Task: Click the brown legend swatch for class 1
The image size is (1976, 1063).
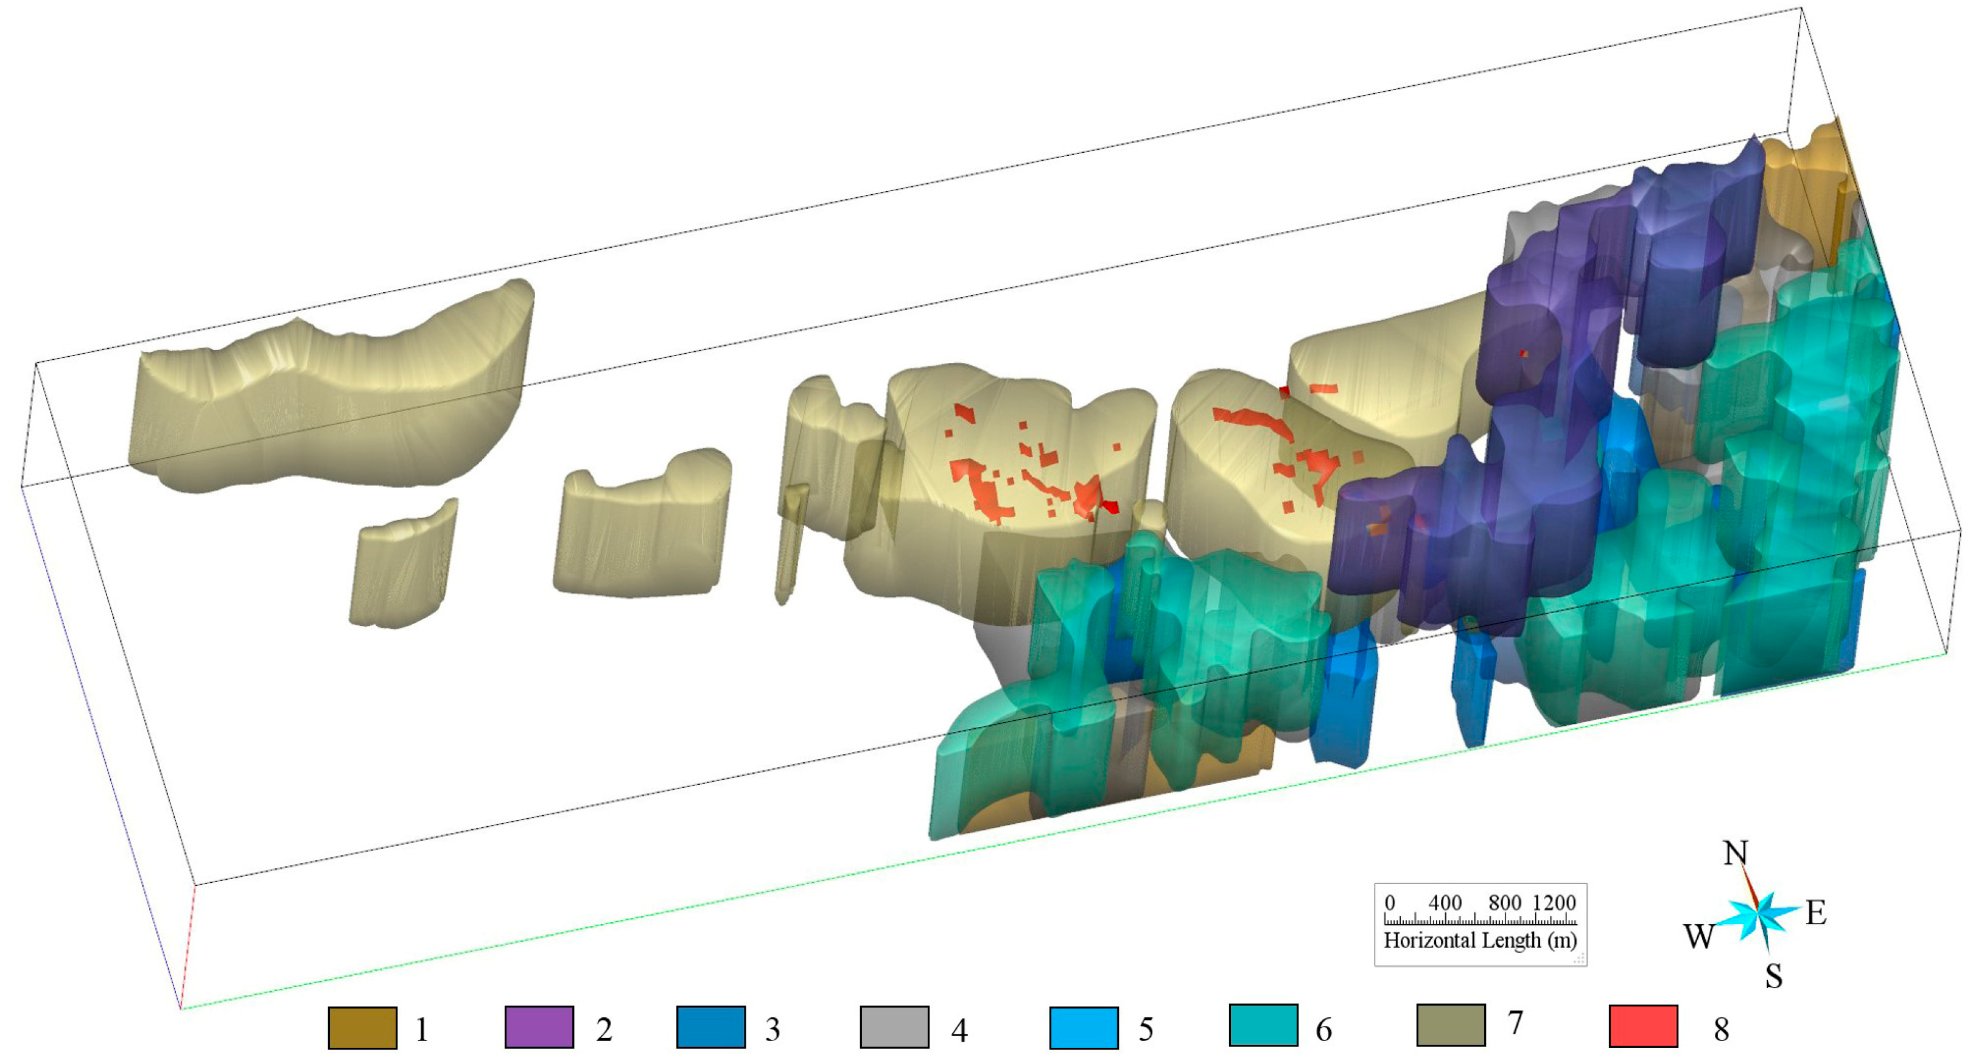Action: pos(362,1028)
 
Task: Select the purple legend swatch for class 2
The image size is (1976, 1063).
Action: pos(539,1027)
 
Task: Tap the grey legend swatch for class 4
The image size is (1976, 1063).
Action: pos(894,1027)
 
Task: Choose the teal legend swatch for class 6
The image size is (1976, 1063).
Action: pos(1263,1025)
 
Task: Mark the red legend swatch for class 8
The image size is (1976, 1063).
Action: pos(1643,1025)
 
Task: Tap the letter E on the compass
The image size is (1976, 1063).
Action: pos(1816,913)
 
